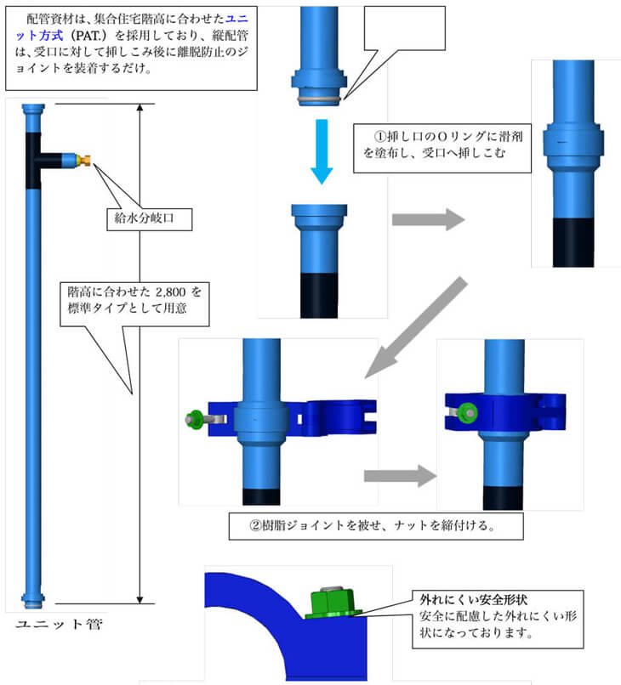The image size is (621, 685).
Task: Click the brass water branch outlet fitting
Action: (83, 158)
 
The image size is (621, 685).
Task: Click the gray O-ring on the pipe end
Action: (319, 99)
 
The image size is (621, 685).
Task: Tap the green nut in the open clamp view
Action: (192, 418)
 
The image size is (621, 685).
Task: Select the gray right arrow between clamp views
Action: (398, 476)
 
